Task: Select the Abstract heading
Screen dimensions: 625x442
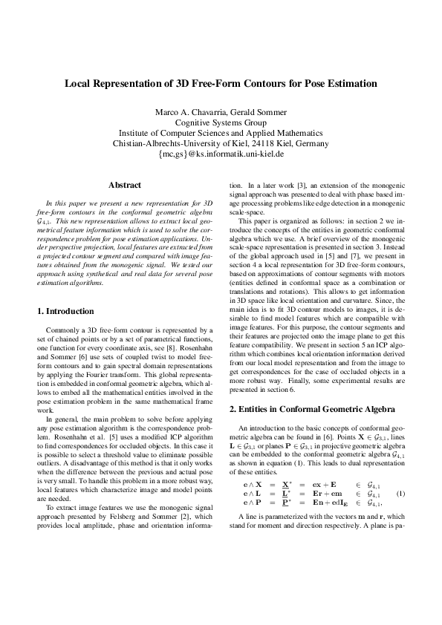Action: [x=125, y=184]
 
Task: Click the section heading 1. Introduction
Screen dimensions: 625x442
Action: [x=65, y=311]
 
